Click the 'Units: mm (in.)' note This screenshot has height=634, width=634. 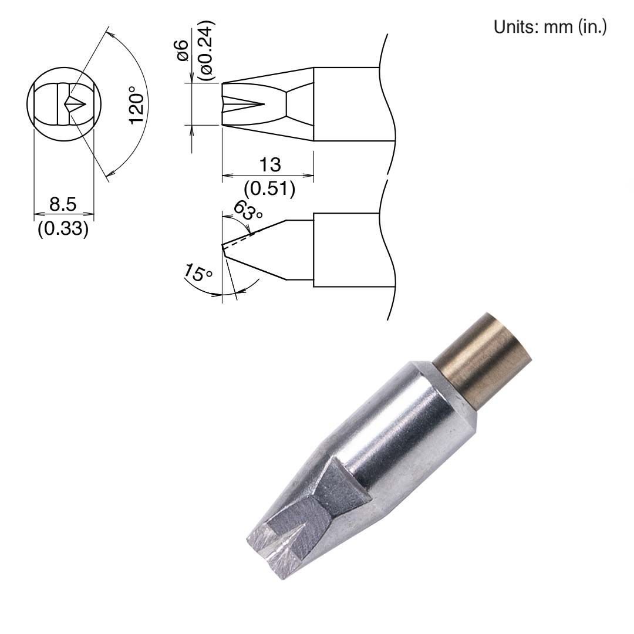coord(549,27)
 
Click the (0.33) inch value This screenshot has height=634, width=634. coord(63,228)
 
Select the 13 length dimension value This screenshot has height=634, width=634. coord(269,164)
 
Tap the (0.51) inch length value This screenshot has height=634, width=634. coord(269,189)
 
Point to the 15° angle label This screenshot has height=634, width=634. coord(198,274)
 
